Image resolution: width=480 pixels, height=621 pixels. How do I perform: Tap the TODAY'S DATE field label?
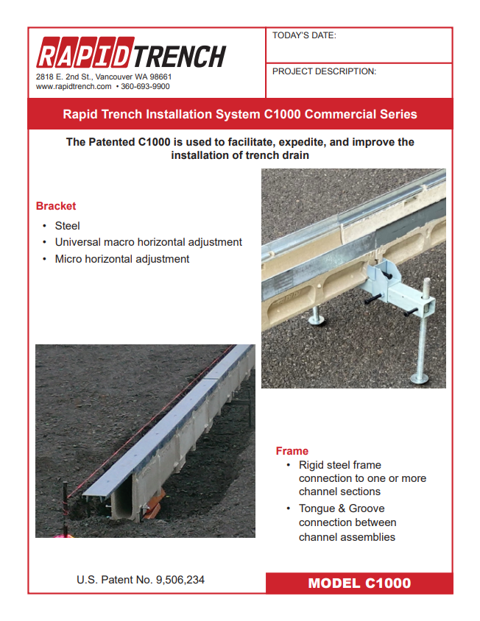tap(304, 35)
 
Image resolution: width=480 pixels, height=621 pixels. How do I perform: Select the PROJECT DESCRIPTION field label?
tap(324, 71)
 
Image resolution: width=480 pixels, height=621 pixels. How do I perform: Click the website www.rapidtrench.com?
tap(74, 86)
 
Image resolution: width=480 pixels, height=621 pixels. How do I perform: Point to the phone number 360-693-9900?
tap(145, 86)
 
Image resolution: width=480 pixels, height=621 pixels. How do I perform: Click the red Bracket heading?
tap(56, 206)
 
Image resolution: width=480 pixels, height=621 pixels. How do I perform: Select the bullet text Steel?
tap(67, 226)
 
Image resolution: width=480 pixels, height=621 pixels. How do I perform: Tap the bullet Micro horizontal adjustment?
tap(122, 259)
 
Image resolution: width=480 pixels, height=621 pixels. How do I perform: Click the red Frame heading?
tap(292, 451)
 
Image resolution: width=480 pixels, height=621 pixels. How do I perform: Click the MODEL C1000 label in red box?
tap(359, 583)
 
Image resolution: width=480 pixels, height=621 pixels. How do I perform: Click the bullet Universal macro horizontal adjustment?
tap(148, 242)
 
